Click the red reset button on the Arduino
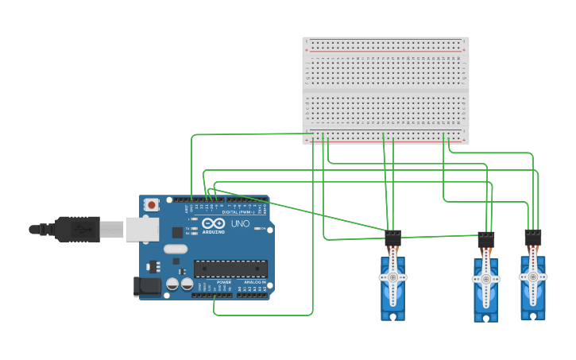[x=151, y=204]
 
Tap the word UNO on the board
[x=241, y=224]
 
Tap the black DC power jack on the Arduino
[x=149, y=285]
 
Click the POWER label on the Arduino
[x=224, y=282]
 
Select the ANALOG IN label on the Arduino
[x=255, y=282]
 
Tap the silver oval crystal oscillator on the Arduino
[x=176, y=249]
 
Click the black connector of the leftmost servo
[x=392, y=238]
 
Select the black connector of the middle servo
[x=486, y=239]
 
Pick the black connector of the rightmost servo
[x=533, y=237]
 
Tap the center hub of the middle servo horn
[x=486, y=279]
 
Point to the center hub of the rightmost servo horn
[x=532, y=277]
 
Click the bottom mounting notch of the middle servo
[x=486, y=318]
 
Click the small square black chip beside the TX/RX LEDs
[x=177, y=232]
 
